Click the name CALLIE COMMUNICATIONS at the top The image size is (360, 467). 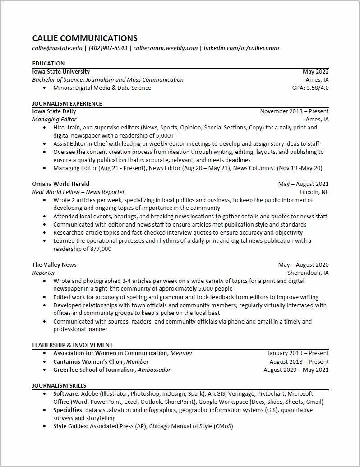click(85, 38)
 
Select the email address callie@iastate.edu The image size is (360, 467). click(57, 48)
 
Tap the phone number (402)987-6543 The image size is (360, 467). click(108, 48)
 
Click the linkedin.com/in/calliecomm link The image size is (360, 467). click(241, 48)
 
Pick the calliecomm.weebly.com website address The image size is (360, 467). click(166, 48)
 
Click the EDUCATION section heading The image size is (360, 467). click(48, 64)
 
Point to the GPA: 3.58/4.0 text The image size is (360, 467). click(310, 88)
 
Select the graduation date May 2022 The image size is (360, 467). click(315, 72)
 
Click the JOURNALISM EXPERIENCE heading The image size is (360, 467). click(67, 104)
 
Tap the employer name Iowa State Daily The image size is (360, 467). click(54, 111)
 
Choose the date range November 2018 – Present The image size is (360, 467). click(294, 111)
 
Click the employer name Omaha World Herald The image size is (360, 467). click(60, 184)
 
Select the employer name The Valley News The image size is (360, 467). click(54, 265)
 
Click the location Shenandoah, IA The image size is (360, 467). click(308, 273)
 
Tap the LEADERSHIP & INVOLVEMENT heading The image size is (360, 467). click(72, 345)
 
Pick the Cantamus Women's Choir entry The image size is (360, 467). click(88, 362)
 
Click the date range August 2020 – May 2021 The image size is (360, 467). click(296, 370)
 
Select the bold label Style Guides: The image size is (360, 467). click(71, 426)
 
